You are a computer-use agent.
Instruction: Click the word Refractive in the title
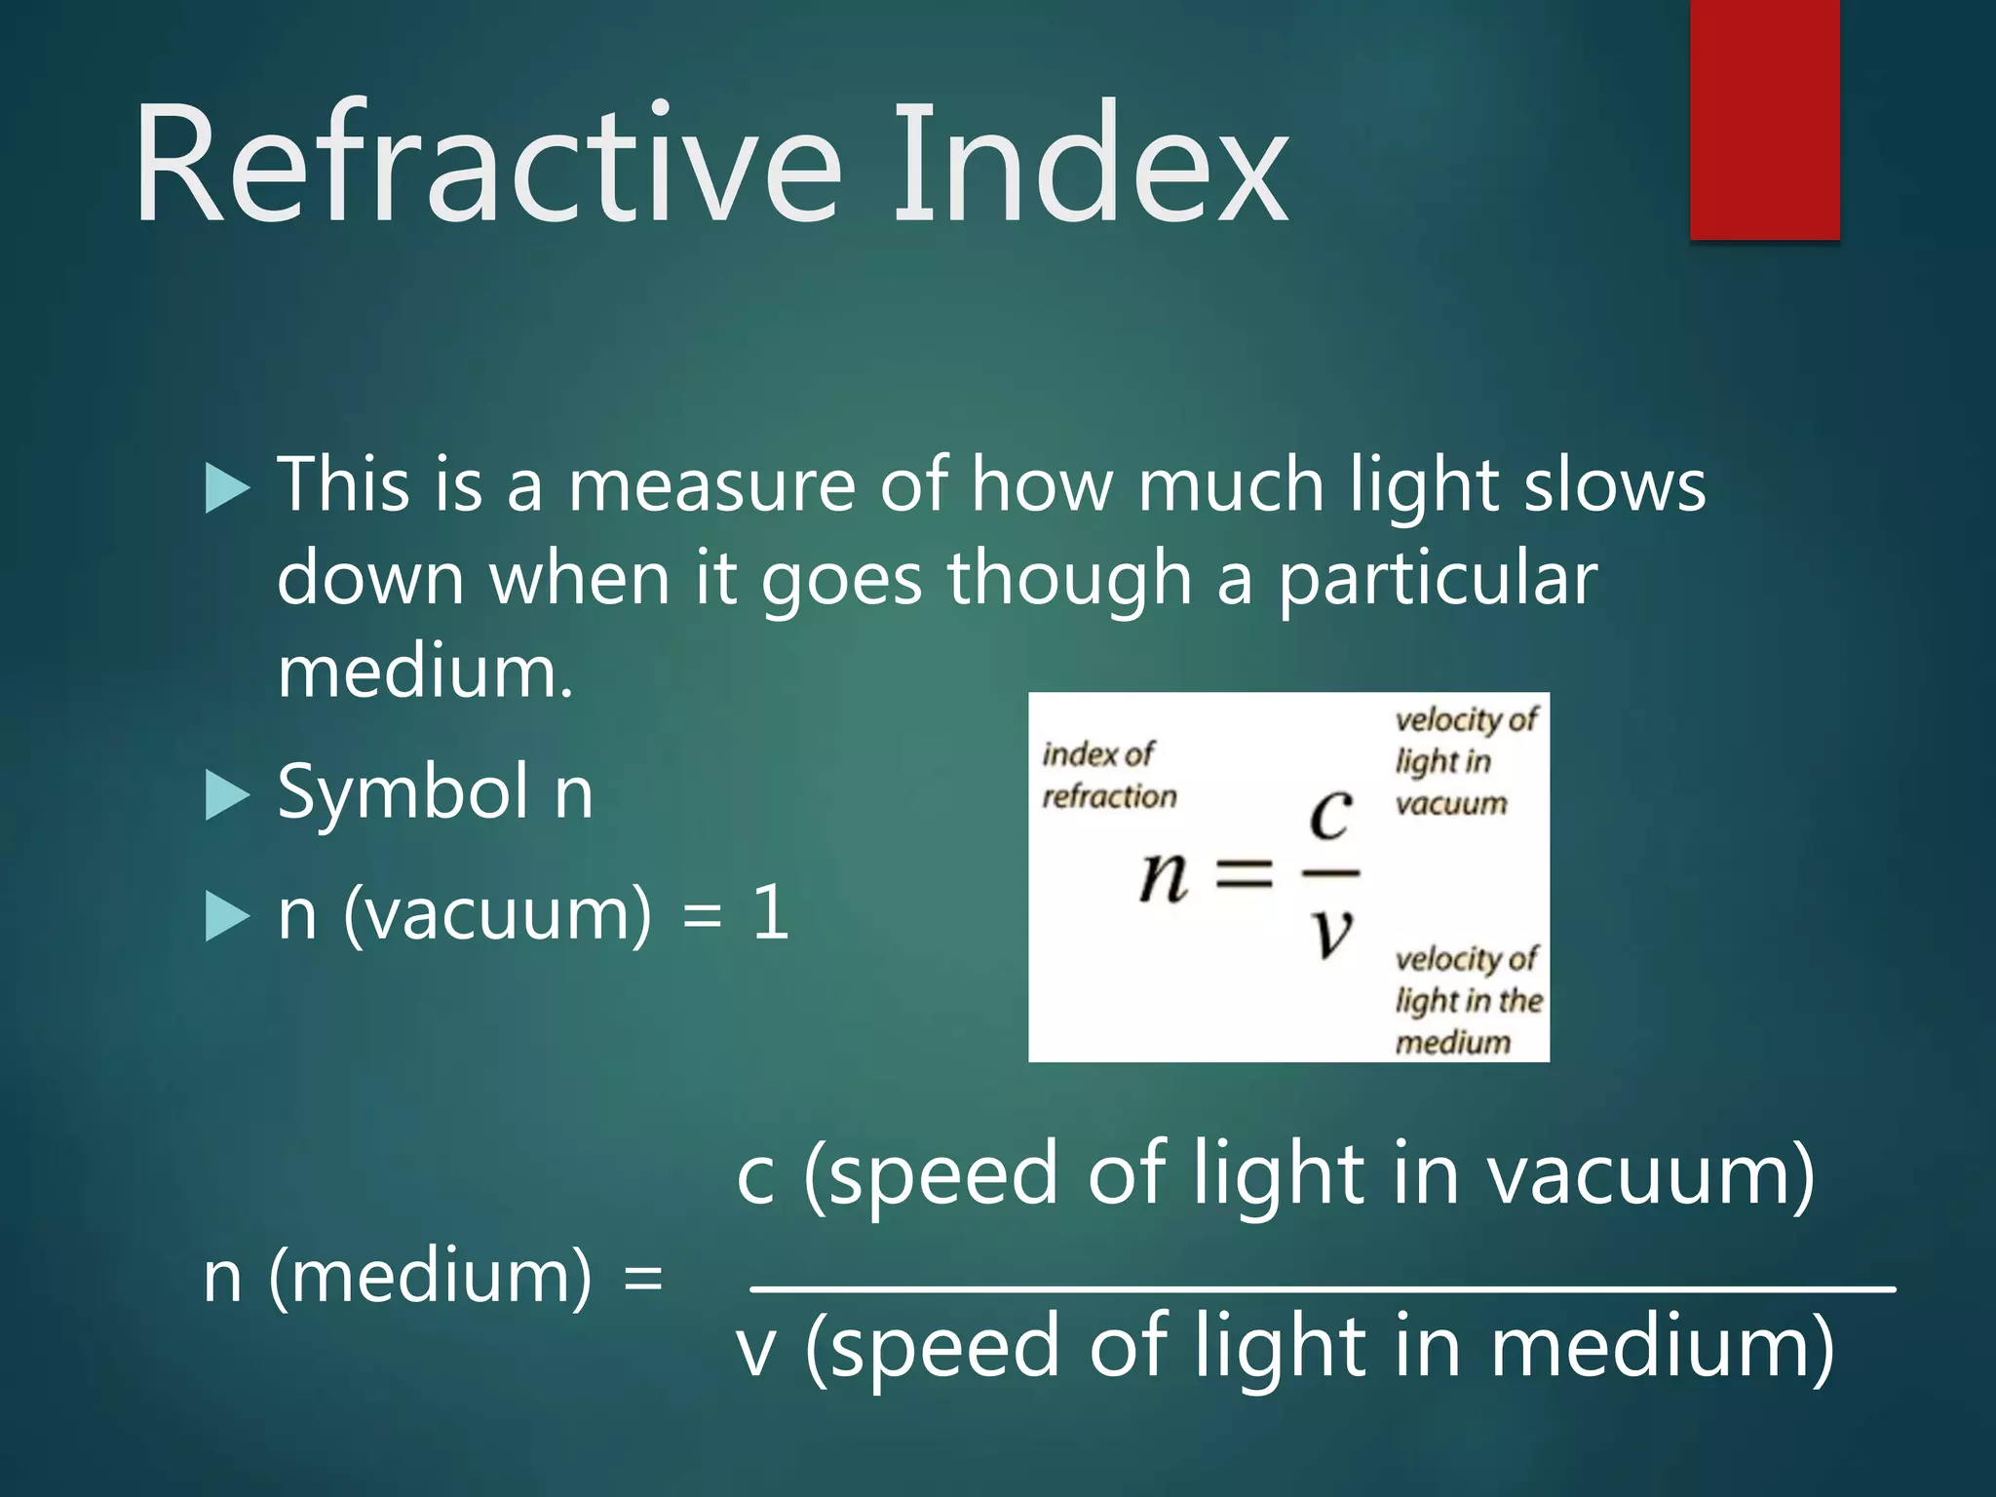[487, 166]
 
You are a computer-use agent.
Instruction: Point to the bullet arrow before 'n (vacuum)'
[228, 917]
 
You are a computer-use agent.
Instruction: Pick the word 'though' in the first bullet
[1069, 579]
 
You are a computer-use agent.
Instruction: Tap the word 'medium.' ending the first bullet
[425, 673]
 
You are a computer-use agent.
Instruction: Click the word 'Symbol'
[404, 792]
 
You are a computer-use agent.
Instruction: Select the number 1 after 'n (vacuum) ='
[771, 913]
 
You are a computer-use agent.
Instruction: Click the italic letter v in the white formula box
[1331, 934]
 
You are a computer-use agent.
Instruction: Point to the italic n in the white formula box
[1164, 875]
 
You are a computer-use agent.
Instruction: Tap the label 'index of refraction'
[1108, 776]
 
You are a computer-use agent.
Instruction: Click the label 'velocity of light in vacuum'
[1465, 761]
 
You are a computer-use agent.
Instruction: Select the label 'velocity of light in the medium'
[1467, 1001]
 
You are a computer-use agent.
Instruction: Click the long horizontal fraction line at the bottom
[1322, 1289]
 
